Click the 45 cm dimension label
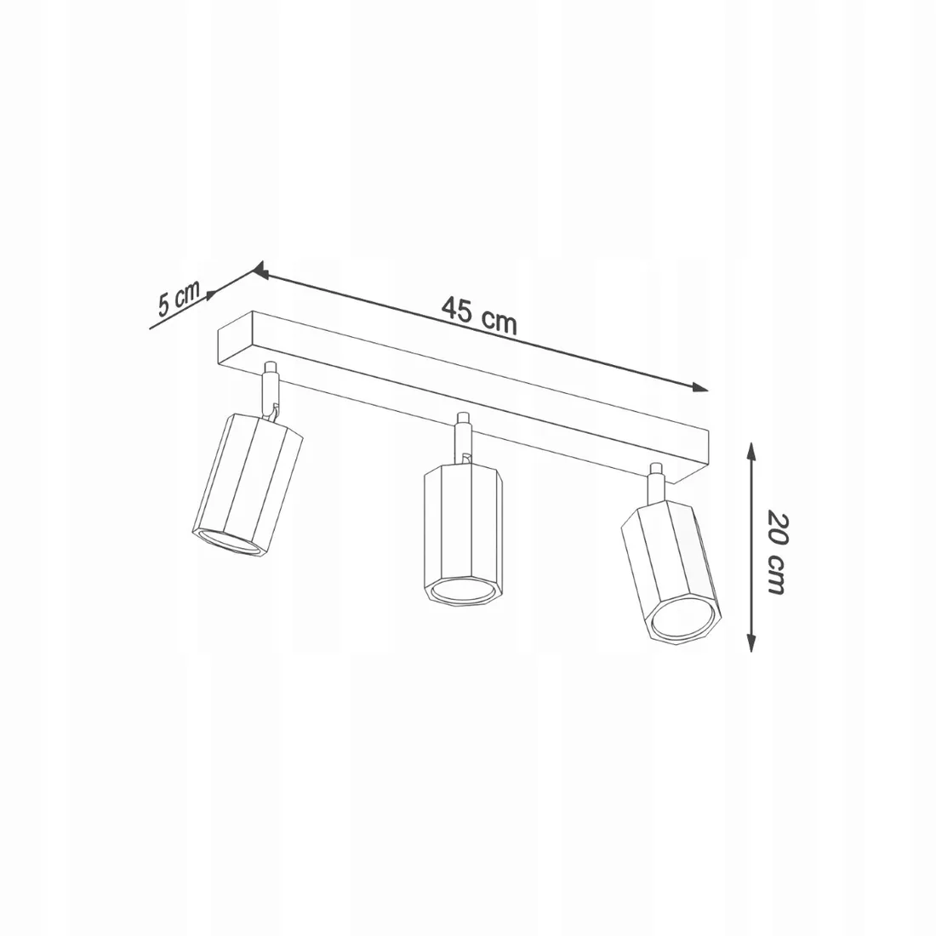(479, 315)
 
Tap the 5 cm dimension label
(178, 297)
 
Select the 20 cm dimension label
(775, 552)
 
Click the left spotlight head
(247, 483)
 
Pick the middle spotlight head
(464, 534)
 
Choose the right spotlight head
(671, 570)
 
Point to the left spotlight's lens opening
(230, 540)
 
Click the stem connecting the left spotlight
(271, 391)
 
